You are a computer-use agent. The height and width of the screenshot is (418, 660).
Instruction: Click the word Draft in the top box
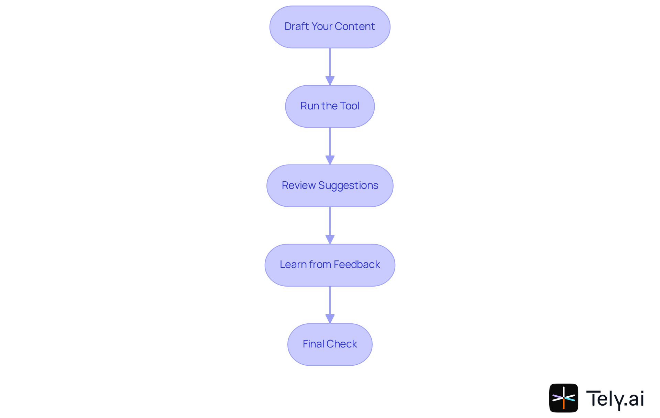[297, 26]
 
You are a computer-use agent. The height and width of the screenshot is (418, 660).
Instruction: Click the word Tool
[349, 106]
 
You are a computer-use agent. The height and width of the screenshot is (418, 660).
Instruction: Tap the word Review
[298, 185]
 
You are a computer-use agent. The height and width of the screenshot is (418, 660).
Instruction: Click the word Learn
[293, 265]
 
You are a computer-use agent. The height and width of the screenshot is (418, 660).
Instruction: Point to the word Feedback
[356, 265]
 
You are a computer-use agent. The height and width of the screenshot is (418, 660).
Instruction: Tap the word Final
[313, 344]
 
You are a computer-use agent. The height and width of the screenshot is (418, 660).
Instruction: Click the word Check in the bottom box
[342, 344]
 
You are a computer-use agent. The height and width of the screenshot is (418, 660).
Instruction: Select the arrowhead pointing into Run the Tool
[330, 81]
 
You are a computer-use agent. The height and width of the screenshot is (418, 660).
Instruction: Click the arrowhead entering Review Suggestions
[330, 160]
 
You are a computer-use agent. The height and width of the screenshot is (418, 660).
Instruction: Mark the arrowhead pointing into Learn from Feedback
[330, 239]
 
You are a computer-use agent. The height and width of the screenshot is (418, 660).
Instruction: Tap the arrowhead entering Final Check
[330, 319]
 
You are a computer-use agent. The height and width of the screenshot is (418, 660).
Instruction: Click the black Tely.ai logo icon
[563, 398]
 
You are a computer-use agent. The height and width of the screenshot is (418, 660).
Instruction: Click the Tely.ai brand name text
[615, 399]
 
